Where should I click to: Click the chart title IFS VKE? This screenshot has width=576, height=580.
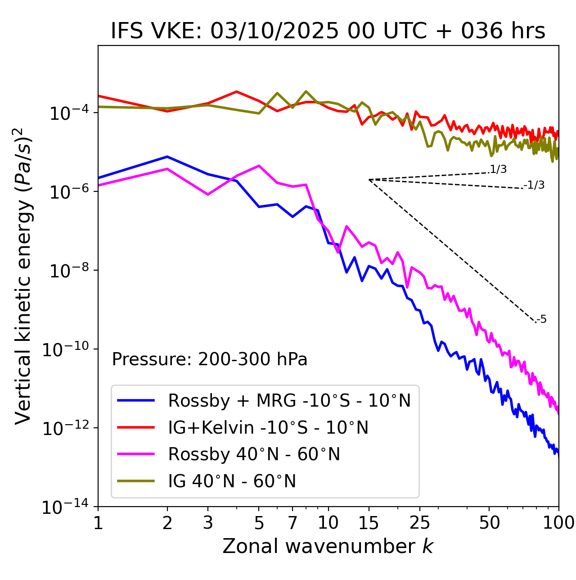point(328,31)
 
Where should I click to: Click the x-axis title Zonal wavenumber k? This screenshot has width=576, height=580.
point(328,546)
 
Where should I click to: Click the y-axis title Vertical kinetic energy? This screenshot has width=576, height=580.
point(23,276)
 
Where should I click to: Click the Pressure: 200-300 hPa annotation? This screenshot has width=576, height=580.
point(210,359)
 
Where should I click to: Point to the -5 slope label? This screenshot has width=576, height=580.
point(541,319)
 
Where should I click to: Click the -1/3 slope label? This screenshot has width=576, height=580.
point(534,185)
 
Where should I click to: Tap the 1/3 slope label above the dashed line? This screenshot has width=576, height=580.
point(498,169)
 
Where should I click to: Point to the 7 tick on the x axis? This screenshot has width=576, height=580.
point(292,523)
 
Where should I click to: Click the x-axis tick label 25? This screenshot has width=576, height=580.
point(420,523)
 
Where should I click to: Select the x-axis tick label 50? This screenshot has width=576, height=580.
point(489,523)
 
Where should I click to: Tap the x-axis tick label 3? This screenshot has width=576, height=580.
point(208,523)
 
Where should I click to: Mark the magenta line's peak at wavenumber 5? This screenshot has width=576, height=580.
point(259,166)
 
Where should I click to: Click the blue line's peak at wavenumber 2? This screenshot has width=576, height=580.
point(167,157)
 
